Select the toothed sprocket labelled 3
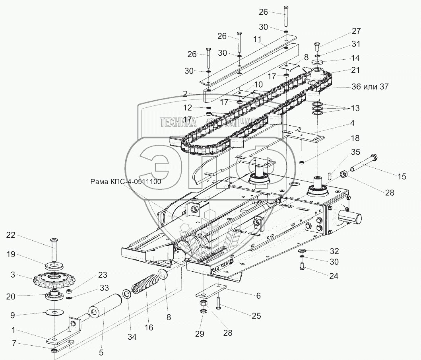(x=52, y=278)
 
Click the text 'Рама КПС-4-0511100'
(x=125, y=182)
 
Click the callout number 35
(x=356, y=152)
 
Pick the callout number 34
(x=132, y=337)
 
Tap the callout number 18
(x=355, y=138)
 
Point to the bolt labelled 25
(x=218, y=304)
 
